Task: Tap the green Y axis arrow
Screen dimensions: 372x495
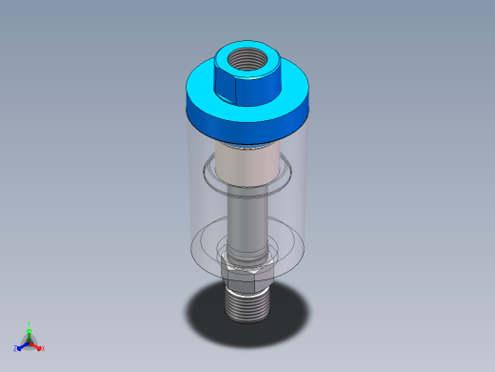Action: point(30,331)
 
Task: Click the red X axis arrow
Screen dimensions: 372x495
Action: point(38,345)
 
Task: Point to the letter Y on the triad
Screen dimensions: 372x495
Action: point(30,324)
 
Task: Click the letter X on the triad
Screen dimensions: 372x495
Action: point(43,349)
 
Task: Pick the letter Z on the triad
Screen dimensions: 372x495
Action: point(15,349)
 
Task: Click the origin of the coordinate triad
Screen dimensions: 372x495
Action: point(30,341)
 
